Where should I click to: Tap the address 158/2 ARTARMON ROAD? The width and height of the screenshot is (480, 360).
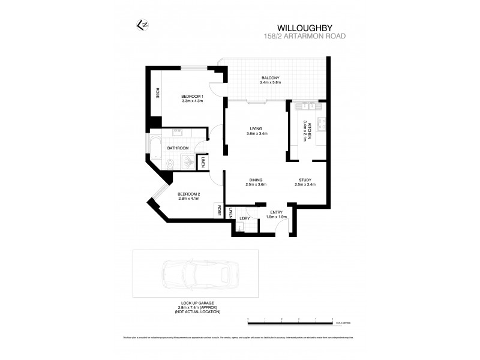coord(305,35)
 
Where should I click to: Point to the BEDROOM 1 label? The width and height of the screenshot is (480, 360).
coord(193,97)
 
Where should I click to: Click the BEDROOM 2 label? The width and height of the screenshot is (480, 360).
coord(188,194)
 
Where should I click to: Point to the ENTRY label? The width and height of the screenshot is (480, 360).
coord(276,212)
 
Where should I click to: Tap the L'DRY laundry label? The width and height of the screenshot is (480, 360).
coord(244,218)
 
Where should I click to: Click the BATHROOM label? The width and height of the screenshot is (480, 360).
coord(178,148)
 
